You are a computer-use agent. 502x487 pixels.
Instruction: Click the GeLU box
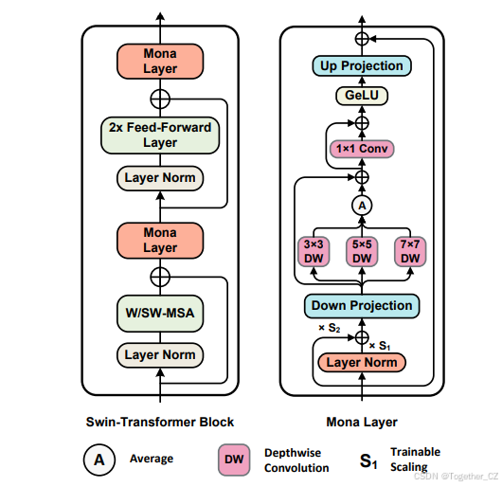tap(361, 96)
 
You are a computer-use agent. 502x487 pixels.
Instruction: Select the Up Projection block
tap(361, 65)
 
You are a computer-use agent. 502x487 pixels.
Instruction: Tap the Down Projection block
tap(361, 305)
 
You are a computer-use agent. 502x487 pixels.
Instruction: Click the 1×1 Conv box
tap(361, 149)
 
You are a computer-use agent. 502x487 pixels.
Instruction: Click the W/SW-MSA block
tap(160, 313)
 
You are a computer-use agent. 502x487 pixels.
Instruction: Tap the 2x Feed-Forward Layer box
tap(160, 134)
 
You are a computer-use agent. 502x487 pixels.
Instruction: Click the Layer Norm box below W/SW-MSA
tap(160, 355)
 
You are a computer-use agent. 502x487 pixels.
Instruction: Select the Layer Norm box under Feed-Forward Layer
tap(160, 177)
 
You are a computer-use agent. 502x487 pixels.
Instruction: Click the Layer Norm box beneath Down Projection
tap(361, 362)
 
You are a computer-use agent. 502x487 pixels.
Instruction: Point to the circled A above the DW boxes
tap(361, 205)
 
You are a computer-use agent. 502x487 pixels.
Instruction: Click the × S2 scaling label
tap(329, 328)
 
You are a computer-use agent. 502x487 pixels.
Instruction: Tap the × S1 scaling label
tap(379, 345)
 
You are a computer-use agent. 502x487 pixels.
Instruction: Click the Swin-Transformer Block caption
tap(160, 422)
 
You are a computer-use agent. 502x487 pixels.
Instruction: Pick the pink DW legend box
tap(233, 460)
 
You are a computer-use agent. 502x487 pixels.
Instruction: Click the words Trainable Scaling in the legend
tap(415, 460)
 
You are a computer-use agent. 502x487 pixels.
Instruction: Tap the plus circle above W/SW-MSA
tap(160, 277)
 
